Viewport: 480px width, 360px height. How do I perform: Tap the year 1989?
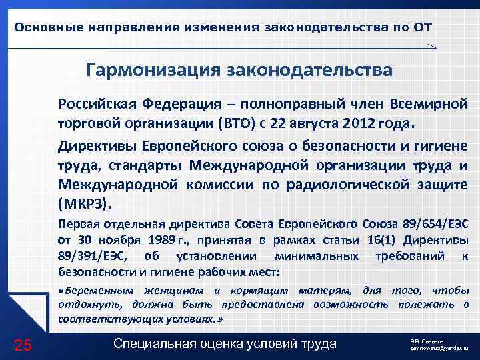tap(165, 240)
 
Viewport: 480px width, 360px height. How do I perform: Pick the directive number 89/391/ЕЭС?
tap(93, 257)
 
